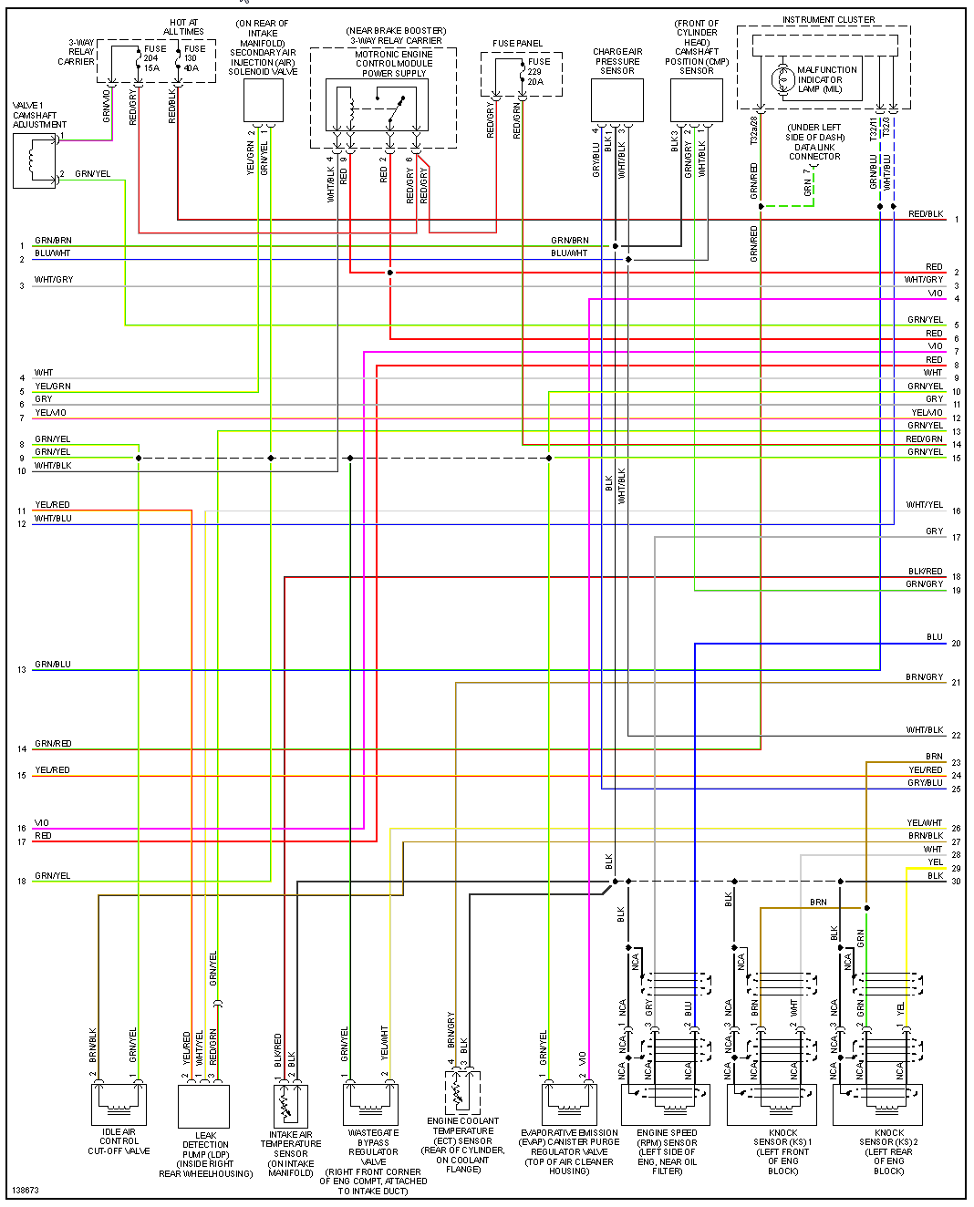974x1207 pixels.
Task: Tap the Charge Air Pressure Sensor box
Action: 617,100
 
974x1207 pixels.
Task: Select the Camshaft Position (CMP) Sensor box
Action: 697,100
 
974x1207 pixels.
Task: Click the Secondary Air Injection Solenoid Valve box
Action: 264,100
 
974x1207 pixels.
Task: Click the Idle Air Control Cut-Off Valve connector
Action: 119,1104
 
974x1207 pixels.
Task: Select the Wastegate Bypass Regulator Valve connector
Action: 370,1104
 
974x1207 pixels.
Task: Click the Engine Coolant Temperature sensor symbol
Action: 462,1092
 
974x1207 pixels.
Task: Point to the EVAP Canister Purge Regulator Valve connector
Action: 569,1104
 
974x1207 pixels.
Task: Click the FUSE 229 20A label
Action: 536,71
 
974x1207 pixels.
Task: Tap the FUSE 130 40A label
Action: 193,58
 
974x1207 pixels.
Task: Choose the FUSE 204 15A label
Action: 153,58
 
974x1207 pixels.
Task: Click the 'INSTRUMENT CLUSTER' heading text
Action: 828,20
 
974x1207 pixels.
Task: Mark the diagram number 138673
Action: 26,1191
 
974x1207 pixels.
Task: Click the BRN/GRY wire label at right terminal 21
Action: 924,677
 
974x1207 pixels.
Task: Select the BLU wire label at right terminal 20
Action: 934,637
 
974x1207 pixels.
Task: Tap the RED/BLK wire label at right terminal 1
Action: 926,214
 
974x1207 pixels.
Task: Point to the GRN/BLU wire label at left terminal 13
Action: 53,665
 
